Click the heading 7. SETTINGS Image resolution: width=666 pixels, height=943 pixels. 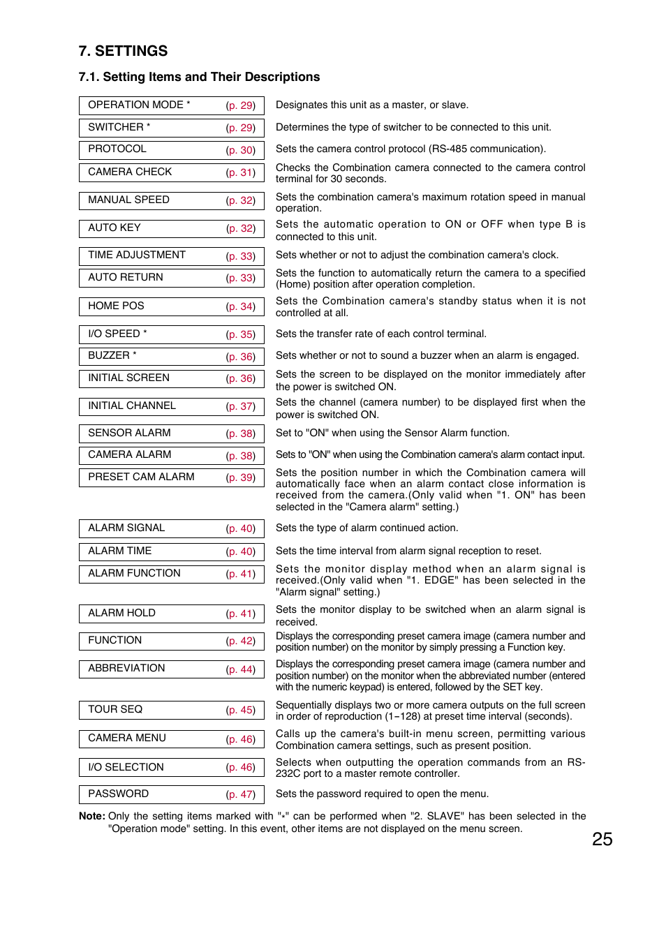tap(123, 51)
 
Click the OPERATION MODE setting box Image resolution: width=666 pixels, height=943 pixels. tap(171, 105)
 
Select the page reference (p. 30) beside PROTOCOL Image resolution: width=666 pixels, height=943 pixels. tap(241, 150)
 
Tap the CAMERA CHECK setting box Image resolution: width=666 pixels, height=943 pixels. tap(171, 172)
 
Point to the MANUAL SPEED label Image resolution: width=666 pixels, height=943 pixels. tap(128, 200)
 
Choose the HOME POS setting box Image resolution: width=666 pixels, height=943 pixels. tap(171, 306)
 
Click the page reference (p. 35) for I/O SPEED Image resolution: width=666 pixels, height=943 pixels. tap(241, 334)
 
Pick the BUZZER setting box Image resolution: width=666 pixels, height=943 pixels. tap(171, 356)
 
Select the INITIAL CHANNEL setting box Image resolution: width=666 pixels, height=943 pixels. tap(171, 406)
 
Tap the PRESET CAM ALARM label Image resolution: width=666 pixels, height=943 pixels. tap(141, 477)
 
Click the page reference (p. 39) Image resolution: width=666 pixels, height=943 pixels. tap(241, 477)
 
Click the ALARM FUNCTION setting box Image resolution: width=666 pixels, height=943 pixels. tap(171, 574)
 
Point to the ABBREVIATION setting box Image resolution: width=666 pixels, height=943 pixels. tap(171, 669)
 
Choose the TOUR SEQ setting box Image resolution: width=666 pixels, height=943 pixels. tap(171, 710)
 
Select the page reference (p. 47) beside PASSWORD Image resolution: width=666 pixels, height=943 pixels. tap(241, 794)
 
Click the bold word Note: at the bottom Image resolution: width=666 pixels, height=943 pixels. tap(92, 816)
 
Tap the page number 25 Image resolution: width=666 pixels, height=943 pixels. tap(602, 839)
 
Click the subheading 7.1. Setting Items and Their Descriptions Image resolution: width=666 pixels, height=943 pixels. tap(199, 77)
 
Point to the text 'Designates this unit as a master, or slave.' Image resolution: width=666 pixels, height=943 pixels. tap(371, 105)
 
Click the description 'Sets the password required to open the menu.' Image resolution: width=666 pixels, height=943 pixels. tap(382, 794)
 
